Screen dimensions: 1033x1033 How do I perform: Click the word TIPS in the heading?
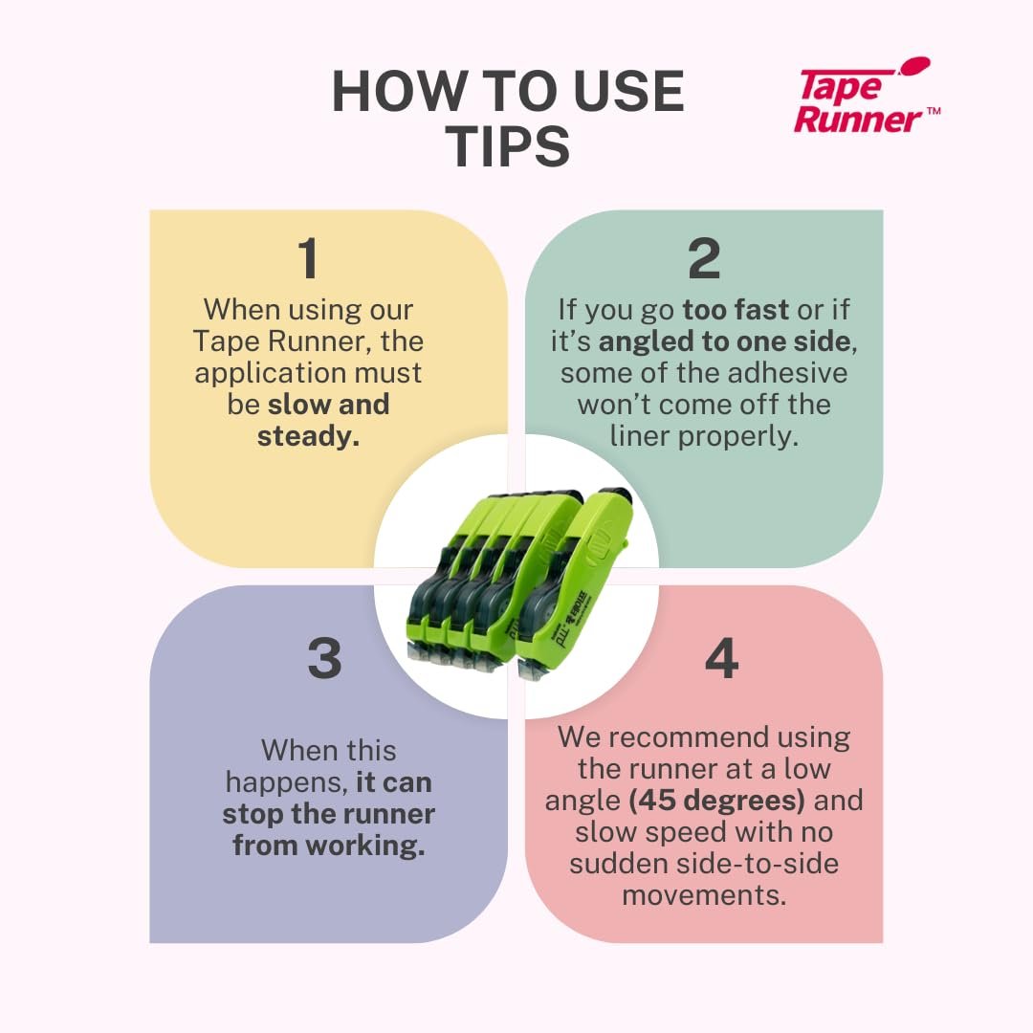click(507, 146)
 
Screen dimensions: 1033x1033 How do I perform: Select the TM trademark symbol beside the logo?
click(934, 111)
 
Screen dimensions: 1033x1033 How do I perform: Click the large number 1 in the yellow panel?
click(308, 257)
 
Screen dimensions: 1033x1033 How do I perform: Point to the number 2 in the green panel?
click(704, 257)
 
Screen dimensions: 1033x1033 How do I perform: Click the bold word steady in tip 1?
click(308, 436)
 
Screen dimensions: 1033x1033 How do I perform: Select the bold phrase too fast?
click(736, 309)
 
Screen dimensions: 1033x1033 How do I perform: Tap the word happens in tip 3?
click(287, 782)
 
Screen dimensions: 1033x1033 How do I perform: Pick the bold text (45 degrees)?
click(716, 801)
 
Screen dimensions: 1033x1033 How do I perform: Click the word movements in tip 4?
click(704, 895)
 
